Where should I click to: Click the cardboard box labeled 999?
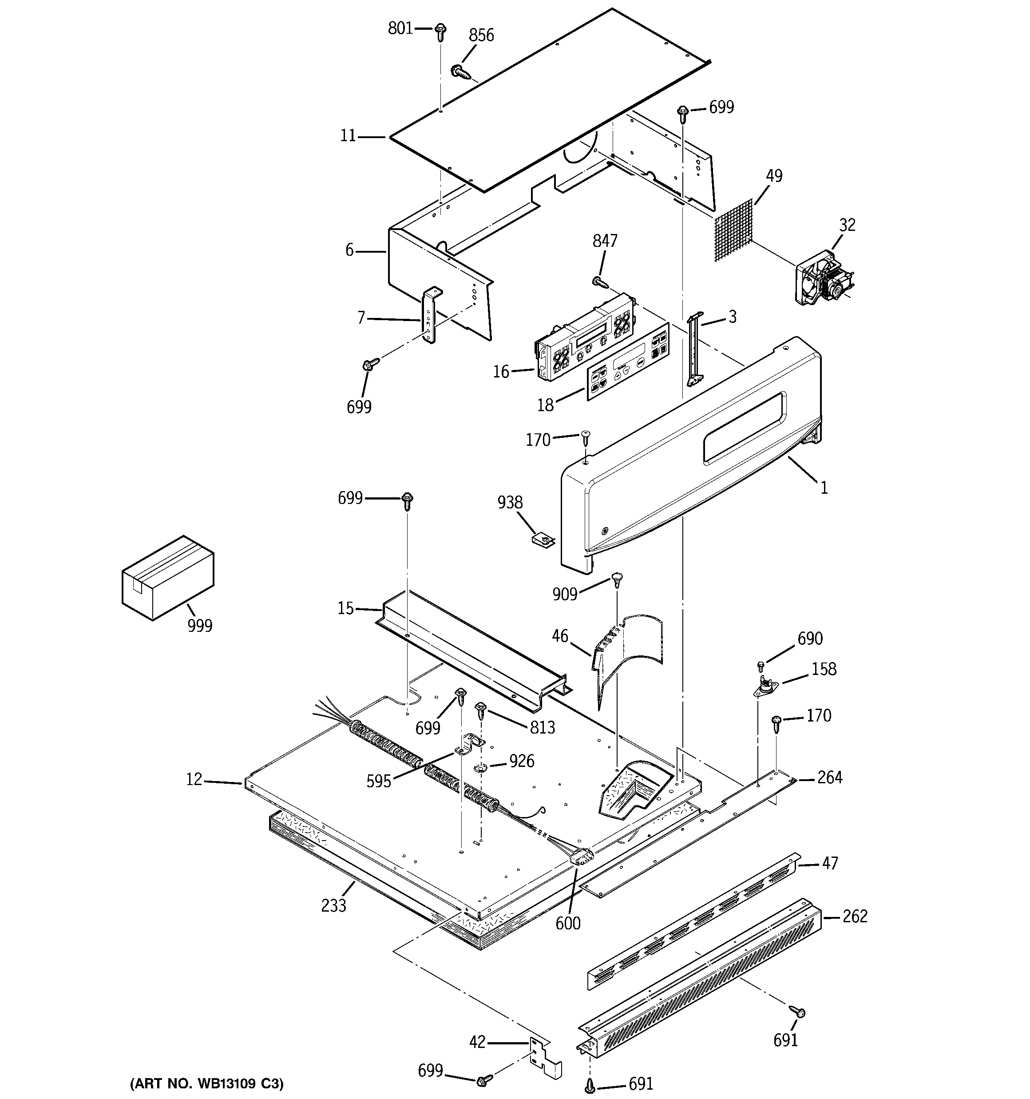pos(167,577)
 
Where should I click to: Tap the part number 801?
pos(400,28)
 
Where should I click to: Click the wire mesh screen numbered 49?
pos(734,230)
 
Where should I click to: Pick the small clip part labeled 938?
pos(543,539)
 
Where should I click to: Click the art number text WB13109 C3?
pos(207,1083)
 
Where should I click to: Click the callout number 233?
pos(333,905)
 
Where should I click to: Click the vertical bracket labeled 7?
pos(430,316)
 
